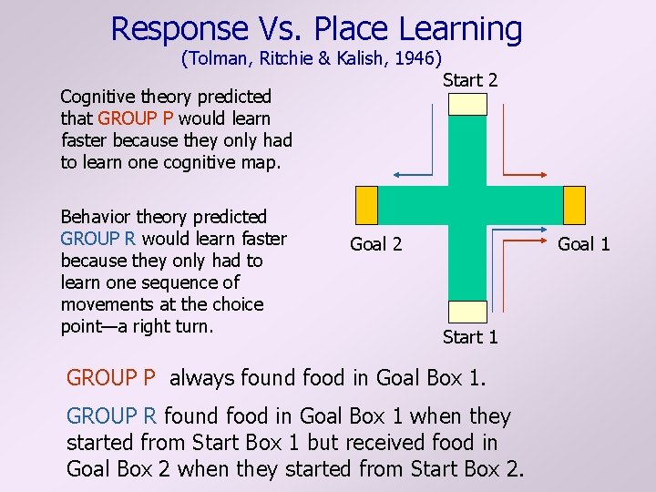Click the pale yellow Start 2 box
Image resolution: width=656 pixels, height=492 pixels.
tap(468, 104)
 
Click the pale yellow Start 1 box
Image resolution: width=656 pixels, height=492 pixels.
tap(468, 312)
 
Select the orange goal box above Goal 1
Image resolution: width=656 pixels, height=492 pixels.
tap(574, 204)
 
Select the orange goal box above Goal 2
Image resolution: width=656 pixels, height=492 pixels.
tap(365, 204)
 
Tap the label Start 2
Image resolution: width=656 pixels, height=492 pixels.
tap(469, 80)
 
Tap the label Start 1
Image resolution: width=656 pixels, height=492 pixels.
tap(469, 337)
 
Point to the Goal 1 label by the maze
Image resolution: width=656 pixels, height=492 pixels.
tap(583, 243)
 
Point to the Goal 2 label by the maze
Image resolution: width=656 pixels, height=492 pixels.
tap(375, 243)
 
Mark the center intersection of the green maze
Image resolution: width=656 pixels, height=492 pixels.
tap(468, 204)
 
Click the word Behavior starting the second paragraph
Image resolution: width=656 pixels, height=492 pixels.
tap(96, 217)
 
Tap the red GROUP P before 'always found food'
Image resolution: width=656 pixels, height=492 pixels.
tap(112, 377)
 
